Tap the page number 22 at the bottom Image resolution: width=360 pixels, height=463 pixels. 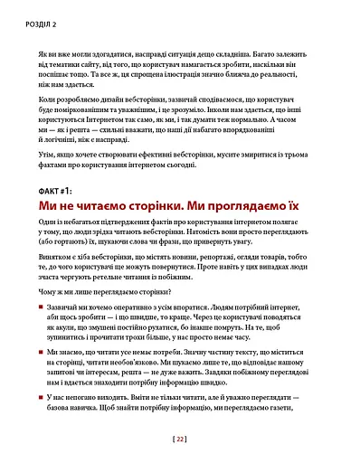pos(180,440)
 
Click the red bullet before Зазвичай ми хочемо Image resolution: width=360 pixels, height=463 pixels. pos(43,307)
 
